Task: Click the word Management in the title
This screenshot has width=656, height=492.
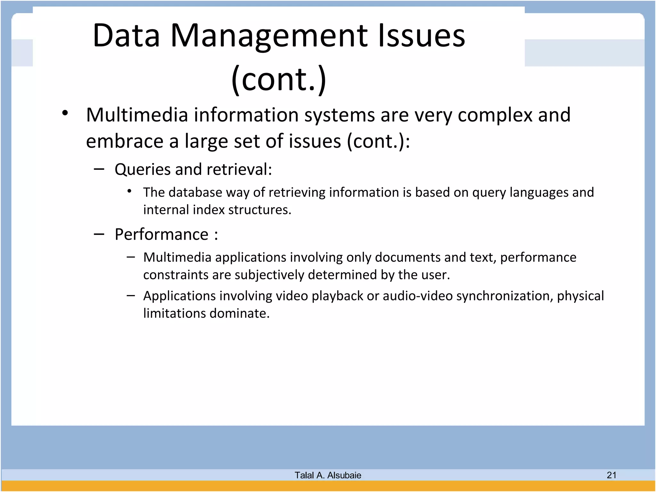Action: pyautogui.click(x=269, y=36)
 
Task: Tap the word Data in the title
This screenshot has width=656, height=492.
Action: pyautogui.click(x=126, y=36)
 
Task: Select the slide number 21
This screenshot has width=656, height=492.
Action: pyautogui.click(x=611, y=475)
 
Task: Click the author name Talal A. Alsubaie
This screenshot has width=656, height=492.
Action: pyautogui.click(x=328, y=475)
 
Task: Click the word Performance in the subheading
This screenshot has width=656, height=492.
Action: pyautogui.click(x=162, y=234)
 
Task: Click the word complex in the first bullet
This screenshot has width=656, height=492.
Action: pyautogui.click(x=495, y=115)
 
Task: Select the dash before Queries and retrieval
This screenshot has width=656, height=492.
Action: pyautogui.click(x=99, y=169)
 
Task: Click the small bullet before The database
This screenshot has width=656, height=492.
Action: pyautogui.click(x=129, y=192)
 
